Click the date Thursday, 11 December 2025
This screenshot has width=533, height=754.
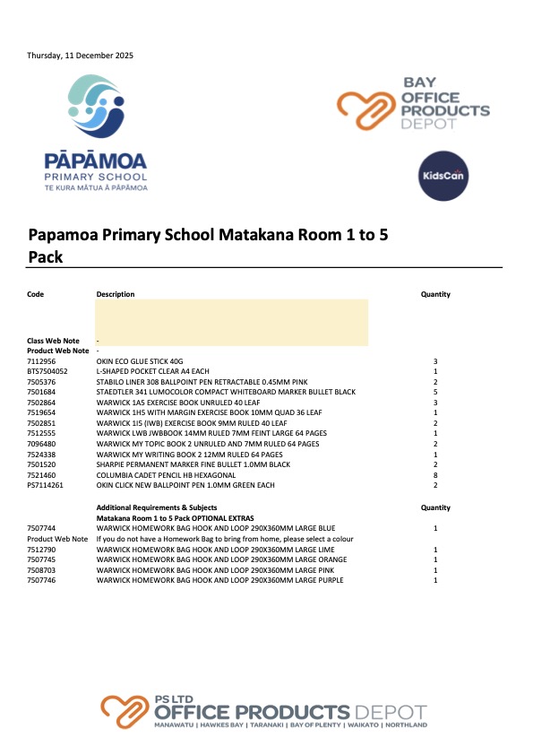click(80, 56)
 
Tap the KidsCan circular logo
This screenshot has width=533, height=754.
click(443, 175)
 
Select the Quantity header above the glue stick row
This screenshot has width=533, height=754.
click(435, 294)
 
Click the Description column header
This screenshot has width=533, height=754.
click(116, 294)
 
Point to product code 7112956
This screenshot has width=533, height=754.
click(41, 361)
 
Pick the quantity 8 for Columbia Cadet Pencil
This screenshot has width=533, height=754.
click(434, 475)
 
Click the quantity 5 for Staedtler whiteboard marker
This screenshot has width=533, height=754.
click(434, 392)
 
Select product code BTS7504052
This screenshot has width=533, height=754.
click(47, 371)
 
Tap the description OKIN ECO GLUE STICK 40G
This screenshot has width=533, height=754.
click(144, 361)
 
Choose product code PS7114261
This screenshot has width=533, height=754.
click(46, 486)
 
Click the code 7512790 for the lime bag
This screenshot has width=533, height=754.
click(41, 550)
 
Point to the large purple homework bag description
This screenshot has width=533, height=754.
click(219, 580)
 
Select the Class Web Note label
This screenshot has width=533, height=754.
click(53, 341)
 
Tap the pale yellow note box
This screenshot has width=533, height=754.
click(231, 321)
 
